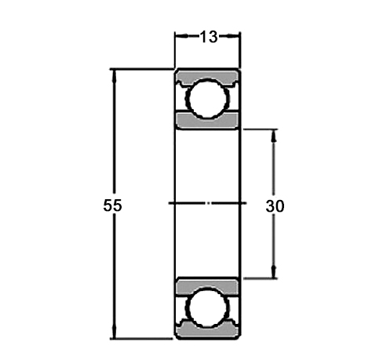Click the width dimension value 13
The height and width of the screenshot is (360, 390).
click(x=207, y=36)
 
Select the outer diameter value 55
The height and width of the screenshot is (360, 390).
click(x=112, y=205)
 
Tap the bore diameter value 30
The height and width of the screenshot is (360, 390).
click(x=275, y=206)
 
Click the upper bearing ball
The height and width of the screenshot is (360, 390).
click(x=207, y=99)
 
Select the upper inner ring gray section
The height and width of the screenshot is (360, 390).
click(x=207, y=121)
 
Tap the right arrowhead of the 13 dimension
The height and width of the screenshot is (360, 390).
click(x=235, y=36)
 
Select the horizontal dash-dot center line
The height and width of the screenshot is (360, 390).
click(x=207, y=204)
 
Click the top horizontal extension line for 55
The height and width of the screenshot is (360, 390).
click(x=141, y=69)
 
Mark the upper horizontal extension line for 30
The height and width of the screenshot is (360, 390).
click(x=259, y=129)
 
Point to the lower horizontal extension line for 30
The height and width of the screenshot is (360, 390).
click(x=259, y=278)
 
